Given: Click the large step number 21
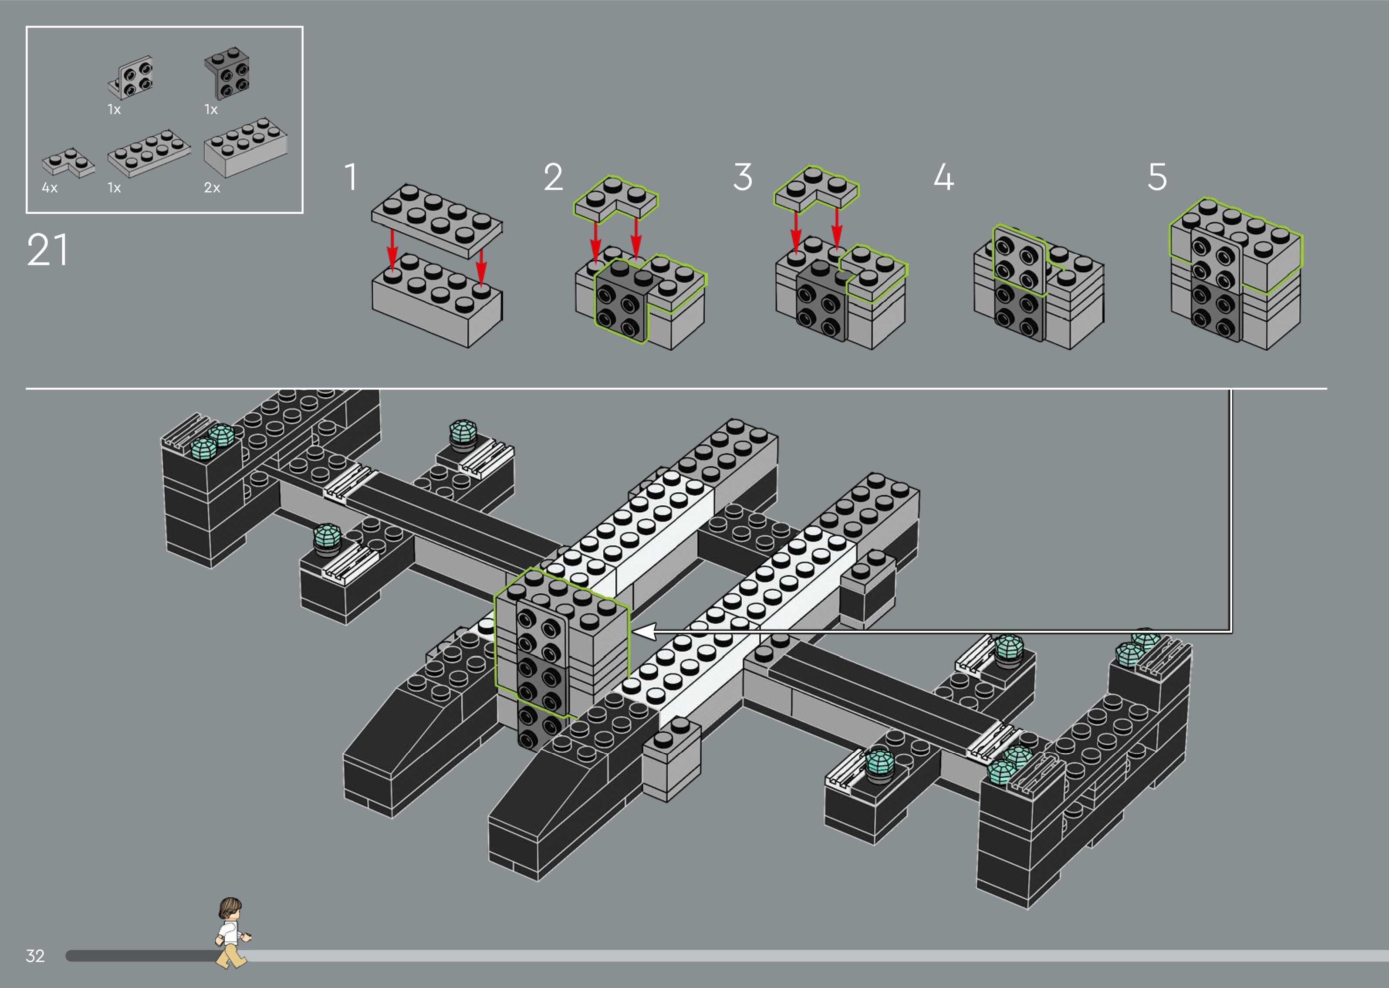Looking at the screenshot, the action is pos(47,250).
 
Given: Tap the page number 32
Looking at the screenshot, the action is pos(35,955).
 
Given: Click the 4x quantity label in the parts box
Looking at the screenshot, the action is pos(49,188).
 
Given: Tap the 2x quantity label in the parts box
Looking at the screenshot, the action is pos(212,188).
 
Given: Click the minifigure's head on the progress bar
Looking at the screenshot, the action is pos(230,910).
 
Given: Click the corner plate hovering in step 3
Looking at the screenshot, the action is pos(816,187).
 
